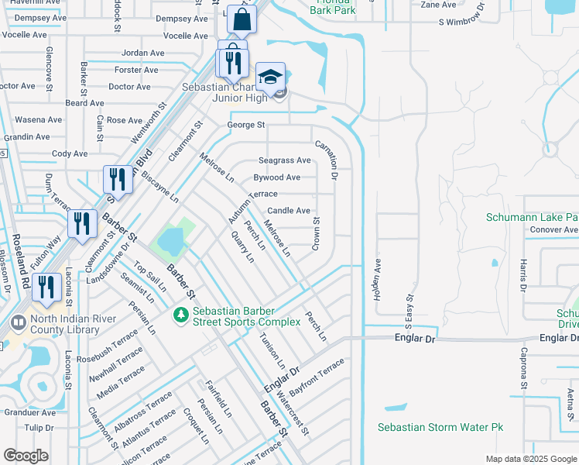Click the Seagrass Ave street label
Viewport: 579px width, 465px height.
(284, 160)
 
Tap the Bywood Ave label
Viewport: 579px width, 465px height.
(276, 177)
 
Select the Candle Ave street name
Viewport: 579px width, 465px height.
(289, 211)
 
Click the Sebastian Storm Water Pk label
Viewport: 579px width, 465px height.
(440, 428)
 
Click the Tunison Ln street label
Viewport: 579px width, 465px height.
(272, 349)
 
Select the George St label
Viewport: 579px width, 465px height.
(245, 125)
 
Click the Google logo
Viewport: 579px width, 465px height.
(26, 456)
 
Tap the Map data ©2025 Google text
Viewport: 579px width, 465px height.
(530, 459)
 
